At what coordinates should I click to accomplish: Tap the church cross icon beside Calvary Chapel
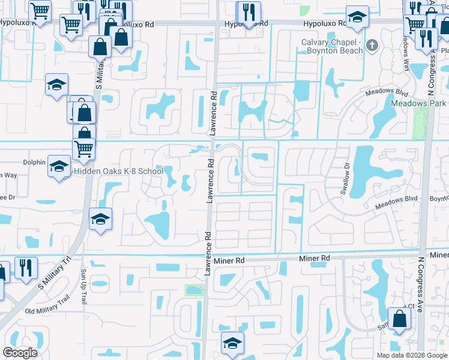[x=372, y=46]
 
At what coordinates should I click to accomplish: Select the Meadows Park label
[x=419, y=103]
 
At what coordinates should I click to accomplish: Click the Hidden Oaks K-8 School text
[x=118, y=171]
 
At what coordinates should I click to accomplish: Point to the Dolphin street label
[x=34, y=162]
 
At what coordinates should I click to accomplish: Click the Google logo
[x=20, y=353]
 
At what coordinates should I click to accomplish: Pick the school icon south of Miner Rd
[x=232, y=343]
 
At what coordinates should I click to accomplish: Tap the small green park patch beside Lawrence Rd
[x=194, y=290]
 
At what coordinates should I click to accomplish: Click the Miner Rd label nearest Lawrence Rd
[x=229, y=261]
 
